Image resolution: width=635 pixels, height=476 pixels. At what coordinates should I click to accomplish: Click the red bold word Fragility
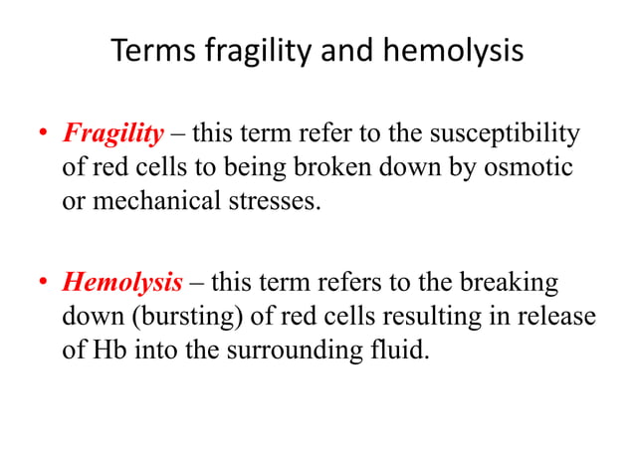coord(113,133)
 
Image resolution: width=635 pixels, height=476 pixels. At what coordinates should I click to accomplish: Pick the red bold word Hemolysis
coord(122,283)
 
